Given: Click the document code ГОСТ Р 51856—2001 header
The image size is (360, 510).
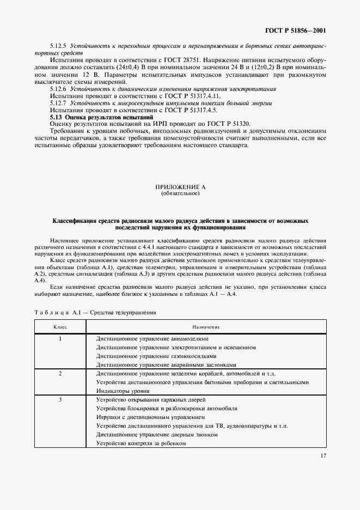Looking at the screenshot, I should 296,31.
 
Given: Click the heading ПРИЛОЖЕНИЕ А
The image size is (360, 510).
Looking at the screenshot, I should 180,187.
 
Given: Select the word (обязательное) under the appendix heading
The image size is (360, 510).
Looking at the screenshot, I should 180,193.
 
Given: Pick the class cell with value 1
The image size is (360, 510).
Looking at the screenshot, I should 60,338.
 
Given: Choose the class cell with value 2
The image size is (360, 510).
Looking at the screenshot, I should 60,374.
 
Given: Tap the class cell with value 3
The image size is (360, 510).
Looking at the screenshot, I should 60,400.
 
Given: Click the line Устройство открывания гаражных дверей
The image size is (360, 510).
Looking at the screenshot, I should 150,400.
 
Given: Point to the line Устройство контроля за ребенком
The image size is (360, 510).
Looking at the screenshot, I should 141,444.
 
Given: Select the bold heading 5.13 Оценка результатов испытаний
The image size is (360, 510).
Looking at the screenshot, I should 101,117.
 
